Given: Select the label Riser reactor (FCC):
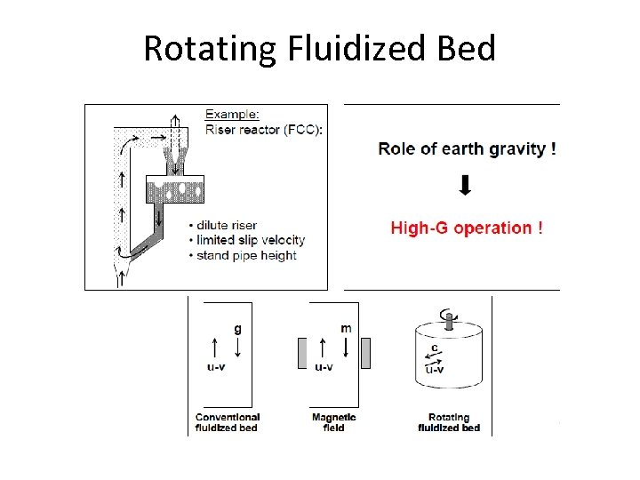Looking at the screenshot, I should (x=264, y=129).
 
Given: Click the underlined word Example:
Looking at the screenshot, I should (x=233, y=115).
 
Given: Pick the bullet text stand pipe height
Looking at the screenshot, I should (x=246, y=256).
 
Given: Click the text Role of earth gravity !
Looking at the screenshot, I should (x=467, y=148).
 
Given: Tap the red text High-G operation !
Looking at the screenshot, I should (x=467, y=228).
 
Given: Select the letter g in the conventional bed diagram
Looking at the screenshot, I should (x=237, y=328).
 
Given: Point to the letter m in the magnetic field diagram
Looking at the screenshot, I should (x=346, y=328).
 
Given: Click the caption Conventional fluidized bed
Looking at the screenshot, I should (x=227, y=422).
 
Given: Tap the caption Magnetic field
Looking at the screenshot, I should (x=334, y=422).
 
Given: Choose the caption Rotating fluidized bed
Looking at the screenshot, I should (x=449, y=422).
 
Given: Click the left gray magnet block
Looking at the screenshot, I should (x=303, y=352).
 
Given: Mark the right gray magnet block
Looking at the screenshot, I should (x=365, y=352).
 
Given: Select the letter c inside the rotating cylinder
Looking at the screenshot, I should (x=434, y=348).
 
